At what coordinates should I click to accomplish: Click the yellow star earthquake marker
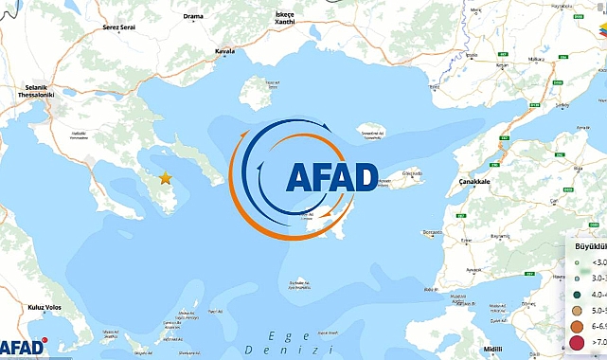[x=166, y=178]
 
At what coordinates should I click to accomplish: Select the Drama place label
[x=194, y=16]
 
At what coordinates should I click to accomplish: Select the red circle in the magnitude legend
[x=577, y=343]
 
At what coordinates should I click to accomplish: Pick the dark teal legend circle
[x=577, y=295]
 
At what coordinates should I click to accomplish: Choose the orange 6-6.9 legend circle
[x=577, y=326]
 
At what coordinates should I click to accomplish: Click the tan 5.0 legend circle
[x=577, y=310]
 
